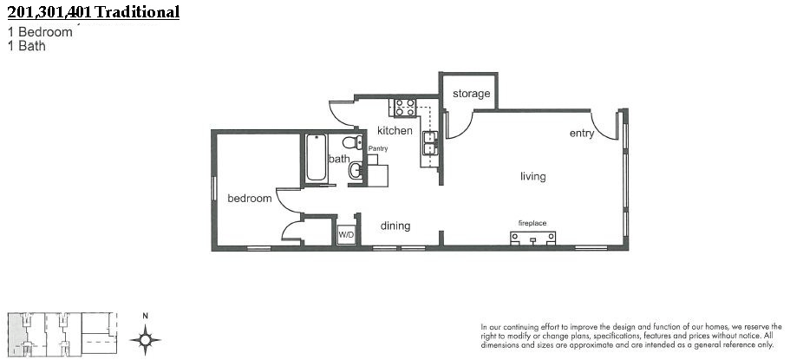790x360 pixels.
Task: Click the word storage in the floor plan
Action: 471,94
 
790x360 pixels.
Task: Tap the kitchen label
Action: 395,131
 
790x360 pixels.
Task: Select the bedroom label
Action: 250,198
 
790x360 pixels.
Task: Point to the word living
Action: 533,176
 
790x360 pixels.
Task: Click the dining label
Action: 395,226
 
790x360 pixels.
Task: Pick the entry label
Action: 582,134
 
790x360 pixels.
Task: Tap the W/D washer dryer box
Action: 346,234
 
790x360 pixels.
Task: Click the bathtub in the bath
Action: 317,157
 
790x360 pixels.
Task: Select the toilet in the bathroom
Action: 353,142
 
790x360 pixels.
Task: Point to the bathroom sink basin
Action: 356,170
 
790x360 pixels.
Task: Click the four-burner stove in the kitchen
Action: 405,108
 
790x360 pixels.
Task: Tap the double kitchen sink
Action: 430,143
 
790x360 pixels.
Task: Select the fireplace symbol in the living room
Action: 532,239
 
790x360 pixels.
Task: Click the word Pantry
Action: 378,148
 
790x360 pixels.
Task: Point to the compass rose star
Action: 145,339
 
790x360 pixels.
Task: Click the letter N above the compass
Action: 145,316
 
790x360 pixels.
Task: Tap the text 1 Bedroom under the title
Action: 40,32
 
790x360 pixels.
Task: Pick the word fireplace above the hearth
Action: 532,223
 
